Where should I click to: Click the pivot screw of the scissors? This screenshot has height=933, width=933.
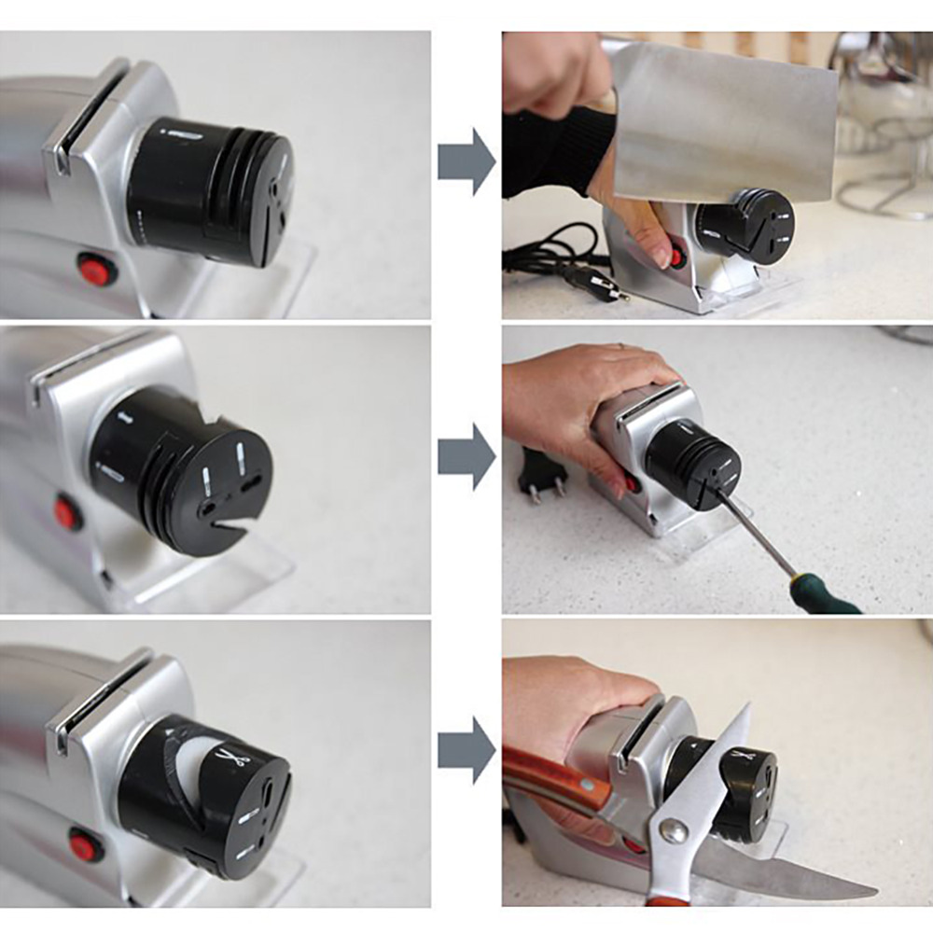pos(673,829)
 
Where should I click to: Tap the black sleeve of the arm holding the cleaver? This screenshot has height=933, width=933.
pos(550,149)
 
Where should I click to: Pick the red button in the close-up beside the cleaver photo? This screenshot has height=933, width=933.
pos(96,270)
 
